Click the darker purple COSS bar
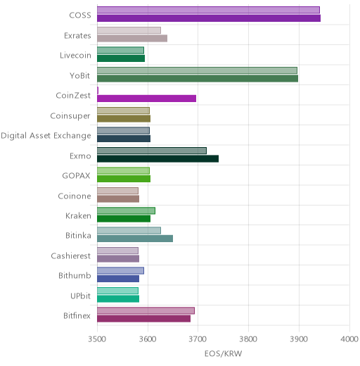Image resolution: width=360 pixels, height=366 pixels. pos(209,18)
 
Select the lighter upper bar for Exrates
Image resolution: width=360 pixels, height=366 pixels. pos(129,30)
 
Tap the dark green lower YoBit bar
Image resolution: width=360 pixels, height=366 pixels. pos(198,79)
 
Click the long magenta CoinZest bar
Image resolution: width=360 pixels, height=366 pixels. pos(147,99)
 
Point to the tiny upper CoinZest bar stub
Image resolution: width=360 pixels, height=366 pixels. pos(98,90)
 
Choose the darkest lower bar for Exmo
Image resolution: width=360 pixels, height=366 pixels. pos(158,159)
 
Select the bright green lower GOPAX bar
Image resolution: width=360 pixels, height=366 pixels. pos(124,179)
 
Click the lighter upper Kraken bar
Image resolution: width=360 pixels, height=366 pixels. pos(126,210)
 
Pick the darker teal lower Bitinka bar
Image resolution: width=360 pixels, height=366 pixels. pos(135,239)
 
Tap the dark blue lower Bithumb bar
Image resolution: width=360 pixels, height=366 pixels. pos(118,279)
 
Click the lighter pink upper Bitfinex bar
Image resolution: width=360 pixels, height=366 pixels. pos(146,311)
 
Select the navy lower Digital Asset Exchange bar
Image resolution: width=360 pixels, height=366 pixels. pos(124,139)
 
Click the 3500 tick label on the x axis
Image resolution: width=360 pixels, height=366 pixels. pos(97,339)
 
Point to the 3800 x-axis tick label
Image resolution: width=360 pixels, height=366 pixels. pos(248,339)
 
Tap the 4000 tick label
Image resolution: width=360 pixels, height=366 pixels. pos(349,339)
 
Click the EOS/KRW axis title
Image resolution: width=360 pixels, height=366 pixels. pos(223,354)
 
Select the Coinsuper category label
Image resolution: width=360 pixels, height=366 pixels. pos(70,116)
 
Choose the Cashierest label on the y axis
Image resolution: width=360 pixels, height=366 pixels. pos(71,255)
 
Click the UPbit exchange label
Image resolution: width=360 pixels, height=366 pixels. pos(80,296)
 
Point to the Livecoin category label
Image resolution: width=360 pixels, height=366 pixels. pos(75,56)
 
